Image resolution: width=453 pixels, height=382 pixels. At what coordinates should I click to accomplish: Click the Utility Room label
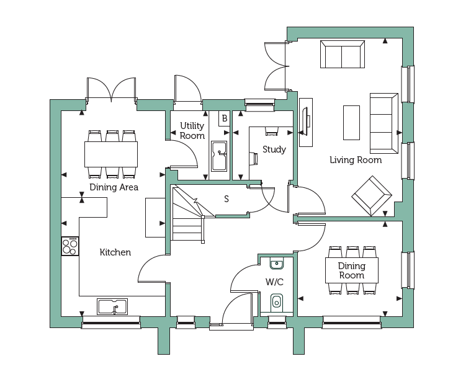(x=192, y=130)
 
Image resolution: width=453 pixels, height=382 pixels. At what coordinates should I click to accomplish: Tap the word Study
(x=274, y=149)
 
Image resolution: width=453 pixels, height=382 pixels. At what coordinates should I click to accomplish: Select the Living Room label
(x=356, y=160)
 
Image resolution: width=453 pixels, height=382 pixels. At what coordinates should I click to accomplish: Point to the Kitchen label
(x=115, y=252)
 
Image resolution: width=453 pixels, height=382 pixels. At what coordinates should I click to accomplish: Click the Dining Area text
(x=114, y=187)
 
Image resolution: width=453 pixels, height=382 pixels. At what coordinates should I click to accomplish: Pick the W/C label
(x=274, y=282)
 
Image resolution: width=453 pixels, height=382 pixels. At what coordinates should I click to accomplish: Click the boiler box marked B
(x=224, y=118)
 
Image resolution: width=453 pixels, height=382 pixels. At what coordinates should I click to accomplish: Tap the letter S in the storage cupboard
(x=226, y=198)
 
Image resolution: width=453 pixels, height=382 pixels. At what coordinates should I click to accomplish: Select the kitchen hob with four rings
(x=70, y=246)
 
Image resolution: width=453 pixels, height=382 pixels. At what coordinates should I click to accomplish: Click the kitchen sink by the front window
(x=112, y=306)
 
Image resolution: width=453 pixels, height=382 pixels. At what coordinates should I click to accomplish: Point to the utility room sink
(x=219, y=156)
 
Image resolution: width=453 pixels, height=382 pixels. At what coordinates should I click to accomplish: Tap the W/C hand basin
(x=277, y=263)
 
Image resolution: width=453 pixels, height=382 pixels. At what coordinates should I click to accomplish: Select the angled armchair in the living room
(x=372, y=196)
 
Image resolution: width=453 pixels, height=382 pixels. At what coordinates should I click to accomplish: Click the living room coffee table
(x=352, y=123)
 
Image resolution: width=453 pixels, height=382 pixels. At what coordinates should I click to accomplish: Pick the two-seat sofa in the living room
(x=343, y=55)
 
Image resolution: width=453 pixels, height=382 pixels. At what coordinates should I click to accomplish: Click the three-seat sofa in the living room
(x=384, y=123)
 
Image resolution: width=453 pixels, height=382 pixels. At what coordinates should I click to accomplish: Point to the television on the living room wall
(x=306, y=122)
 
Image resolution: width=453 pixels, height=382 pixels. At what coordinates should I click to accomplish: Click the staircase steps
(x=188, y=214)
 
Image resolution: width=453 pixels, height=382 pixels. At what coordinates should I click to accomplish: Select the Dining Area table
(x=111, y=154)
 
